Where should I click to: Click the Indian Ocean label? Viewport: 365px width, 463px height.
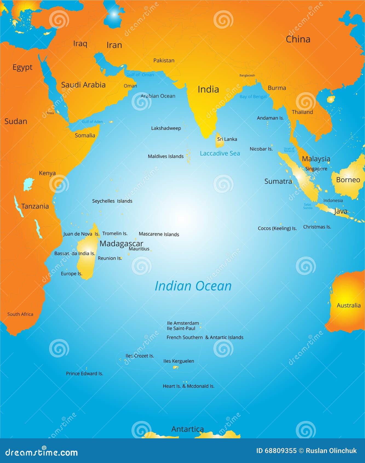coord(193,286)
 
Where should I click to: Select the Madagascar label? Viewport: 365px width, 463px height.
coord(121,243)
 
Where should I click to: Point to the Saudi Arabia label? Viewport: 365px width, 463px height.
coord(83,85)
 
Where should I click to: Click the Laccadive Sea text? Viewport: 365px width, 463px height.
coord(220,153)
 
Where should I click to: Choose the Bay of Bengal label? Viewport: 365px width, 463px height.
coord(253,96)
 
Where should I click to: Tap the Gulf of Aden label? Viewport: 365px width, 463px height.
coord(92,122)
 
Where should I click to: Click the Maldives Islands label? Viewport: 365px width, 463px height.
coord(166,156)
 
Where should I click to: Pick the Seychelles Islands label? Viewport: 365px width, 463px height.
coord(112,201)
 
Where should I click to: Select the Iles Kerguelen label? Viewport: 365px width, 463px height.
coord(179,361)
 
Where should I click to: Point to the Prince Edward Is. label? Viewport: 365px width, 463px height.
coord(85,373)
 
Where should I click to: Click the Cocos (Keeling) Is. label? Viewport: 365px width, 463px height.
coord(277,228)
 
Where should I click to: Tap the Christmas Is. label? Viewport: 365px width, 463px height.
coord(317,227)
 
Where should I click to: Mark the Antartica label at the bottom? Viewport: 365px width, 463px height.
coord(188,429)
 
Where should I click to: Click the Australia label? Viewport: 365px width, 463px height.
coord(349,305)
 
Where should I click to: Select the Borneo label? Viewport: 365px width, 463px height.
coord(348,180)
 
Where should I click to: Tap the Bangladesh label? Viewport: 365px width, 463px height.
coord(247,75)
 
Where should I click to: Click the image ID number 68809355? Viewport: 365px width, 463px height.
coord(280,451)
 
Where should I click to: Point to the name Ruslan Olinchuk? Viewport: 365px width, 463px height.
coord(331,451)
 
